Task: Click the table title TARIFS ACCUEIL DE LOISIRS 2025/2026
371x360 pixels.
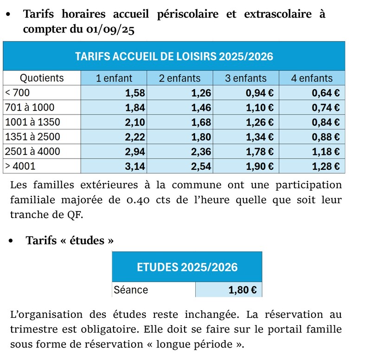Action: click(x=174, y=57)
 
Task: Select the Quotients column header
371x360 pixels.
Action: click(x=42, y=78)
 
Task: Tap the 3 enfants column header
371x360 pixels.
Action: click(x=246, y=78)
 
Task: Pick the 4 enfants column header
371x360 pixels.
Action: click(x=312, y=78)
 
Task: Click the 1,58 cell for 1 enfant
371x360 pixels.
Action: click(x=135, y=93)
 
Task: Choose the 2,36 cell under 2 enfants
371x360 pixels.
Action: click(x=201, y=151)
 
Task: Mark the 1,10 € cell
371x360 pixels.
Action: click(x=260, y=108)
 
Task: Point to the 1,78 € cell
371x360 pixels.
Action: click(x=260, y=151)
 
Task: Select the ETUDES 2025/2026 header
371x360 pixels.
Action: click(x=187, y=267)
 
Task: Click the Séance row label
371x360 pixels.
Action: click(x=131, y=290)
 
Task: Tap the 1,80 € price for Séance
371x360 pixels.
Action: click(x=243, y=290)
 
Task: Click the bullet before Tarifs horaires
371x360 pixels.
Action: click(x=8, y=14)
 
